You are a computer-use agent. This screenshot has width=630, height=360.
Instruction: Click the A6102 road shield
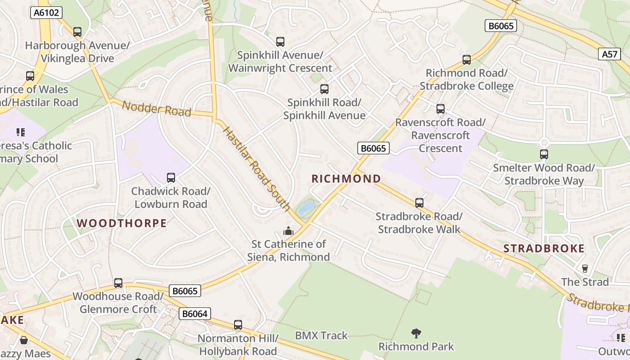coord(46,13)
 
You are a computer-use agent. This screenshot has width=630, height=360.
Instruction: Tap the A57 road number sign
coord(610,54)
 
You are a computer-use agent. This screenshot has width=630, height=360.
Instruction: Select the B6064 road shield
coord(195,314)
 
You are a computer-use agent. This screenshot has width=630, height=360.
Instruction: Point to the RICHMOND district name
coord(346,179)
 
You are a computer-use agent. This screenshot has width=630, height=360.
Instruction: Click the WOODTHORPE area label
coord(121,223)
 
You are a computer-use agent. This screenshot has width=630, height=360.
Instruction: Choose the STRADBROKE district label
coord(544,248)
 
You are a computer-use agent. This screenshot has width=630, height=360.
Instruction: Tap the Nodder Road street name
coord(157,108)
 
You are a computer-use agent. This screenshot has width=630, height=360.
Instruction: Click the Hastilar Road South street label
coord(256,168)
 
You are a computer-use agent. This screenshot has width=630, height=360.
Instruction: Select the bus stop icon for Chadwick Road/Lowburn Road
coord(171,178)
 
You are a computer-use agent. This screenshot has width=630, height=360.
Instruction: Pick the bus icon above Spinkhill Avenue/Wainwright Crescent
coord(280,42)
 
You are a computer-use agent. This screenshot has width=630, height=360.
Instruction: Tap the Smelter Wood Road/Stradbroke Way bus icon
coord(544,154)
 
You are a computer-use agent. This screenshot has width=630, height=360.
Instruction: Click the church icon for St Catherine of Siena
coord(288,231)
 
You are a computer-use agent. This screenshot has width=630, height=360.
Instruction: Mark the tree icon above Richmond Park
coord(416,333)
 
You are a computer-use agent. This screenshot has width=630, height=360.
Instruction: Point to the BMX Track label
coord(321,336)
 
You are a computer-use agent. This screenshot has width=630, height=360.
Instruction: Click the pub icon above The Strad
coord(585,269)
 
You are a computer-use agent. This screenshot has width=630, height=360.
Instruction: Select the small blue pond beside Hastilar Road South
coord(306,207)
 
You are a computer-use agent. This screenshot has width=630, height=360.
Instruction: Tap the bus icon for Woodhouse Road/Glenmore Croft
coord(118,283)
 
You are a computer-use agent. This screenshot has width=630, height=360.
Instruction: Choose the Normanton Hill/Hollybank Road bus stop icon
coord(238,324)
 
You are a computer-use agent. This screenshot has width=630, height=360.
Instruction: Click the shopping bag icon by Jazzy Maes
coord(23,340)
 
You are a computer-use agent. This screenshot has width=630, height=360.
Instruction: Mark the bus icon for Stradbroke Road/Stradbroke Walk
coord(419,203)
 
